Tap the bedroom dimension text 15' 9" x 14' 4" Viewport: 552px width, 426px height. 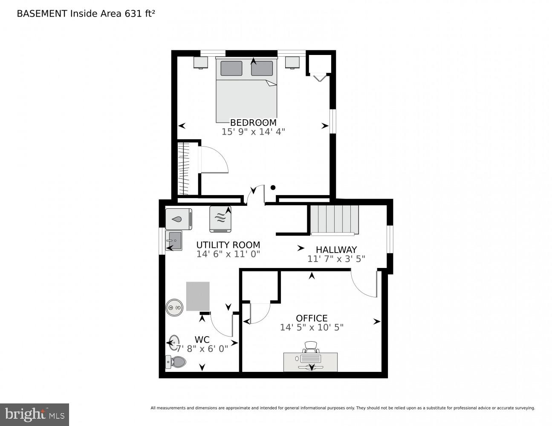coord(253,132)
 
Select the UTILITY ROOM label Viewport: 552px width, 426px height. coord(228,245)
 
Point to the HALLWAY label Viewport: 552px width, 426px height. coord(336,250)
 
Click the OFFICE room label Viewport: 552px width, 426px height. coord(312,318)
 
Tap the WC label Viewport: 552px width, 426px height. coord(202,340)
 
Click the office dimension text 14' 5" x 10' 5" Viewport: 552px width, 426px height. coord(312,327)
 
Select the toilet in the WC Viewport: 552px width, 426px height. coord(176,362)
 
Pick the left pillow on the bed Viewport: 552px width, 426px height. coord(231,68)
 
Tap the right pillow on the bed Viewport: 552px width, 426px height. coord(262,68)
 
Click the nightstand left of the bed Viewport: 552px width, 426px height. coord(200,62)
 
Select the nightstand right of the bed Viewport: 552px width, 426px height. coord(292,62)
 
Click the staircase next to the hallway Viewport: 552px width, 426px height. coord(335,219)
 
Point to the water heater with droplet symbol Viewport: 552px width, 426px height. coord(178,219)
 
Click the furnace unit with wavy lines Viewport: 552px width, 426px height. coord(220,219)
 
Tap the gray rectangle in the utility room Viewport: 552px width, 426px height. coord(198,296)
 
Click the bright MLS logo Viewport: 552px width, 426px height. coord(34,414)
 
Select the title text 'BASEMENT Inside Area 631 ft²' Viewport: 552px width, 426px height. coord(86,14)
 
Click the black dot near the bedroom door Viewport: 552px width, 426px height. coord(273,187)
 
